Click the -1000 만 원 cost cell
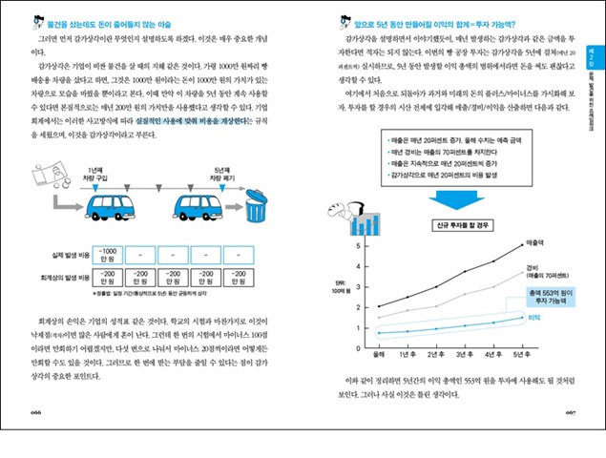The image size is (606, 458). tap(110, 256)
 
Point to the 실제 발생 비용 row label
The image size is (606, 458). tap(68, 256)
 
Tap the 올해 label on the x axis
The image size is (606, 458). tap(379, 354)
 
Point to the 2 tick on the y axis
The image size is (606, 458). tap(358, 306)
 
